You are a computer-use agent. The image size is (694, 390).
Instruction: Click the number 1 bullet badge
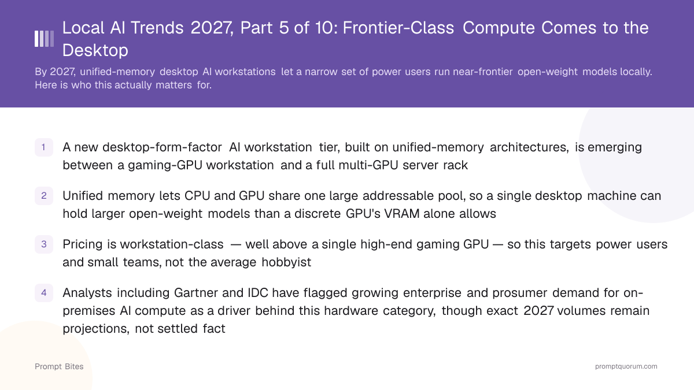[x=44, y=147]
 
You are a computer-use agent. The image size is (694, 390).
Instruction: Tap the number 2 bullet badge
[x=44, y=196]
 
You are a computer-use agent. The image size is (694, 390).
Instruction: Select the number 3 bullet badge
[x=44, y=244]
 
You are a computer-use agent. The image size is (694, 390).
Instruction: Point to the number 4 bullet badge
[x=44, y=293]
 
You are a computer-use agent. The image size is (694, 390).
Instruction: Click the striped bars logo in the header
[x=44, y=39]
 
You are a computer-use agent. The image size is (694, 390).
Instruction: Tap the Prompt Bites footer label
[x=59, y=366]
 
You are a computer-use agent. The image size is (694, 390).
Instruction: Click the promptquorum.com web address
[x=626, y=366]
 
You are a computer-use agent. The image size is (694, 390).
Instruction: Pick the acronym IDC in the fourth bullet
[x=258, y=293]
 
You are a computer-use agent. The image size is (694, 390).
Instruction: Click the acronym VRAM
[x=402, y=214]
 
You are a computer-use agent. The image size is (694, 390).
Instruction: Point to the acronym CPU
[x=197, y=196]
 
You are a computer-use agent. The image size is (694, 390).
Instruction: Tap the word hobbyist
[x=286, y=262]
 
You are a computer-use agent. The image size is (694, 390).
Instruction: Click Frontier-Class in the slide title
[x=398, y=28]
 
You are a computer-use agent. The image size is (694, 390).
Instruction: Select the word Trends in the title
[x=157, y=28]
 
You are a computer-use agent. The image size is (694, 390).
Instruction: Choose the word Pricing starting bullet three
[x=82, y=244]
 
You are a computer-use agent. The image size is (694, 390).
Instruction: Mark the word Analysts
[x=87, y=293]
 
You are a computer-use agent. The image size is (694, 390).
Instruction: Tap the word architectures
[x=529, y=147]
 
